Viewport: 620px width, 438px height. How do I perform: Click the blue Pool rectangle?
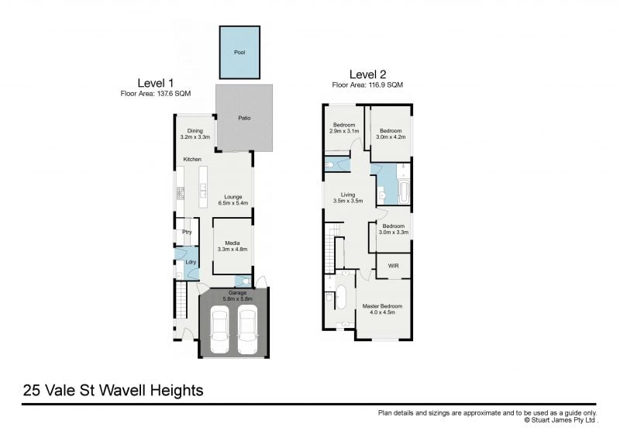tap(239, 52)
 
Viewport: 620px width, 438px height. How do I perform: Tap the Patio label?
tap(244, 118)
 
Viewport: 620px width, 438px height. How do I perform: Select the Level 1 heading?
tap(156, 83)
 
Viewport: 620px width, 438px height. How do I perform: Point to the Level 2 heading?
tap(367, 74)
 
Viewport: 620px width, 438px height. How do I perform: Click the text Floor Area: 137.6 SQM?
tap(155, 93)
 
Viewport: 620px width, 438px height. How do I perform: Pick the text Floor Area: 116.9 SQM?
tap(367, 84)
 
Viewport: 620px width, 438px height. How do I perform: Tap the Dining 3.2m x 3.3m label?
tap(195, 134)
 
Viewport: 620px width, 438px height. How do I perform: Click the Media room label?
tap(232, 247)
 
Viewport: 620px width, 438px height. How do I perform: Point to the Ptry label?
tap(187, 232)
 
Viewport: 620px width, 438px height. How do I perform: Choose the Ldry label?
tap(190, 262)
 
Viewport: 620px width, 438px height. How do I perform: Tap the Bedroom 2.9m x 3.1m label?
tap(344, 128)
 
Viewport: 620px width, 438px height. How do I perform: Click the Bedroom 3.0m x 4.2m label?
tap(391, 134)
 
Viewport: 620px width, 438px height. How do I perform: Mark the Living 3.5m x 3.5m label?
tap(348, 198)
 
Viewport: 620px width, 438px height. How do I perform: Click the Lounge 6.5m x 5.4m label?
tap(232, 200)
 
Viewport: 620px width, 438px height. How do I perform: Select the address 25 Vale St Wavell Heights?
tap(113, 390)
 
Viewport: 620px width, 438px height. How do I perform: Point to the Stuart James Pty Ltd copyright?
tap(560, 421)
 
